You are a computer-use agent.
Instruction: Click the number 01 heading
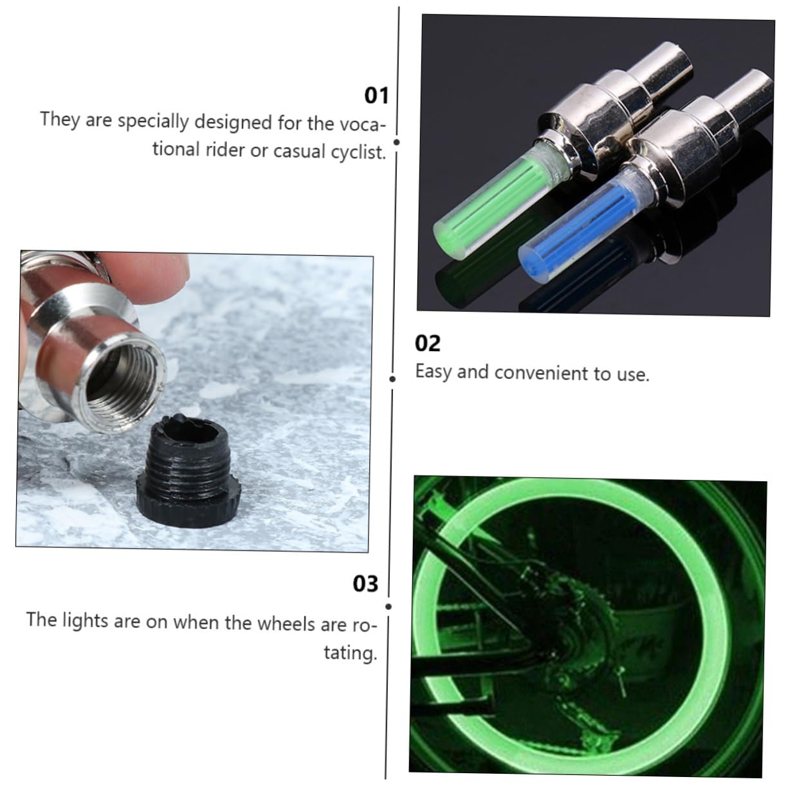coord(376,95)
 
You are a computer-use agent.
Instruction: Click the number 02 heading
coord(428,343)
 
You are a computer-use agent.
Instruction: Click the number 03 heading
coord(365,583)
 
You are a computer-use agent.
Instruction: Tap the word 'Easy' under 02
coord(434,372)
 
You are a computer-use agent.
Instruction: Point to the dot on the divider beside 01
coord(397,142)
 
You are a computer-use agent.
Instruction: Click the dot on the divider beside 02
coord(392,379)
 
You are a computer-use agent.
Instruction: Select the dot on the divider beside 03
coord(388,607)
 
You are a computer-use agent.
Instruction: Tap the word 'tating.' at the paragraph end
coord(350,653)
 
